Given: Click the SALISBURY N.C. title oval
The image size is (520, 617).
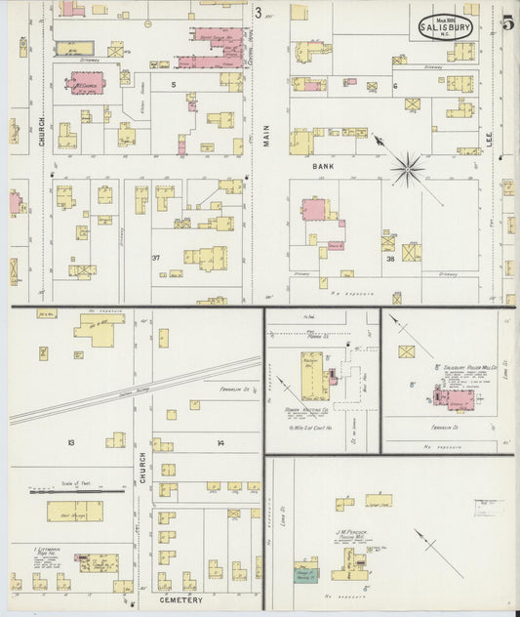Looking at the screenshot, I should pos(446,27).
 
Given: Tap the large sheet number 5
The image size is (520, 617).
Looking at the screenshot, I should pos(508,24).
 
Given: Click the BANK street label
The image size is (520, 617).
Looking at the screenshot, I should pos(323,167).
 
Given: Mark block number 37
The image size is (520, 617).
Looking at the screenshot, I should pos(155,258).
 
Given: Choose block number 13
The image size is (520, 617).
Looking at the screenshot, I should pos(70,443).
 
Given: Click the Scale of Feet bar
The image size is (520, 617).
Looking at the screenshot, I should pos(55,491).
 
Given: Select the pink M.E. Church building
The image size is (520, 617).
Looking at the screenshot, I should pos(87,83).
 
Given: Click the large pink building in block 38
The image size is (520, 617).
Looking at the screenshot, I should pos(316,210).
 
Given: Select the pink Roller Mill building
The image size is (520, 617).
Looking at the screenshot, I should pos(456,398).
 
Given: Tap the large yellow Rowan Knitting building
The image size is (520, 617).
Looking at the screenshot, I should pos(315,375).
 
